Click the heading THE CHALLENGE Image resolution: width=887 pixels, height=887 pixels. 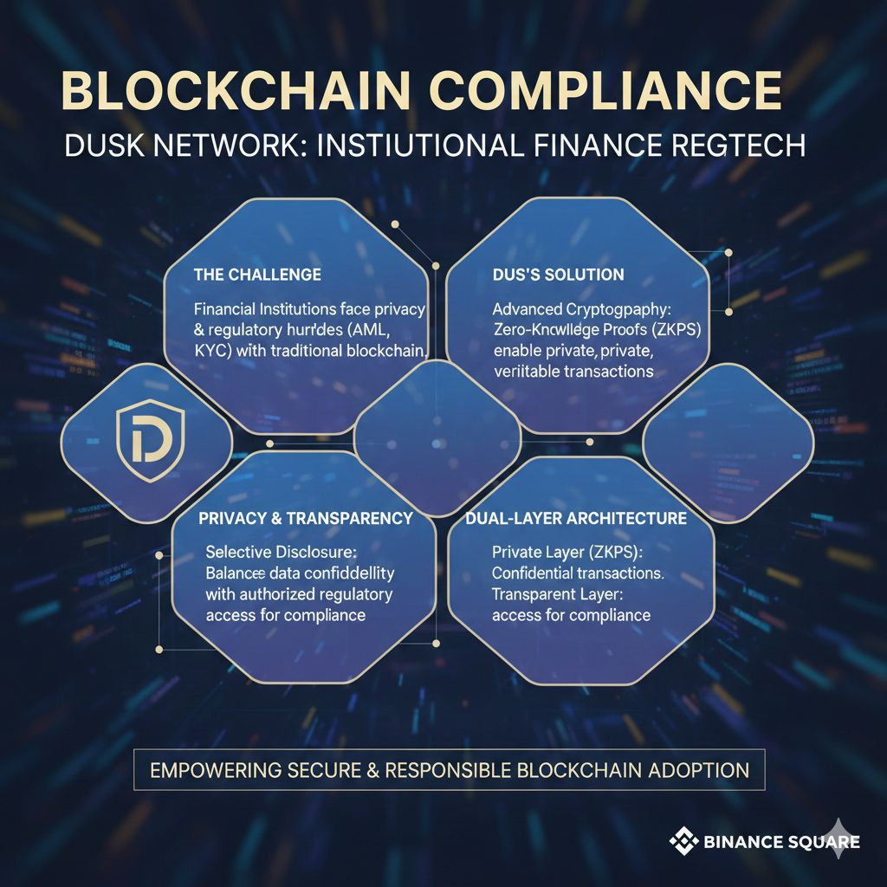tap(257, 275)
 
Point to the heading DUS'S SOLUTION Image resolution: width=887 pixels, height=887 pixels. tap(558, 275)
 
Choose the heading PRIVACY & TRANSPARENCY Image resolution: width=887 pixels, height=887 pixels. tap(306, 518)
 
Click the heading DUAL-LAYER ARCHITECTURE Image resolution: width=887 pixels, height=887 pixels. tap(576, 518)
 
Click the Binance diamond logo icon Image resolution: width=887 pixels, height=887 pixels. tap(683, 839)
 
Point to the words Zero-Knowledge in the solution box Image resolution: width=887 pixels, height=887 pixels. tap(546, 329)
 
